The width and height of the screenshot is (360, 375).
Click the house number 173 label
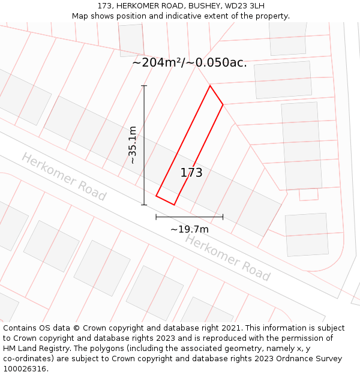[191, 173]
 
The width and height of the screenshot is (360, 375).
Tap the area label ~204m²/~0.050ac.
[189, 62]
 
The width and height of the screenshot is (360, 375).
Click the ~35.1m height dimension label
[133, 145]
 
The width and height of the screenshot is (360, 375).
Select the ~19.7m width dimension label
[189, 229]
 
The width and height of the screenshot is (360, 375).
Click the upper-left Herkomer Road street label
[64, 176]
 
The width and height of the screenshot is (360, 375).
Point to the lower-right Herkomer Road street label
[227, 257]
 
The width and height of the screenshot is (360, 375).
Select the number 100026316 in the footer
[25, 368]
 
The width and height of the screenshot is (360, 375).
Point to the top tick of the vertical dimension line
[144, 86]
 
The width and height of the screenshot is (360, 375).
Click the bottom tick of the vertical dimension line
[144, 205]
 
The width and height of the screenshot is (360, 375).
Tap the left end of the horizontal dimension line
[156, 217]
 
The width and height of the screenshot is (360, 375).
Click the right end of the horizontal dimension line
[223, 217]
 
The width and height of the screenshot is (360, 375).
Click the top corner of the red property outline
[210, 86]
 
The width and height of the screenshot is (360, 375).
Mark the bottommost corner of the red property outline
[174, 205]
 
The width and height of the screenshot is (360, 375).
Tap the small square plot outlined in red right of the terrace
[308, 194]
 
